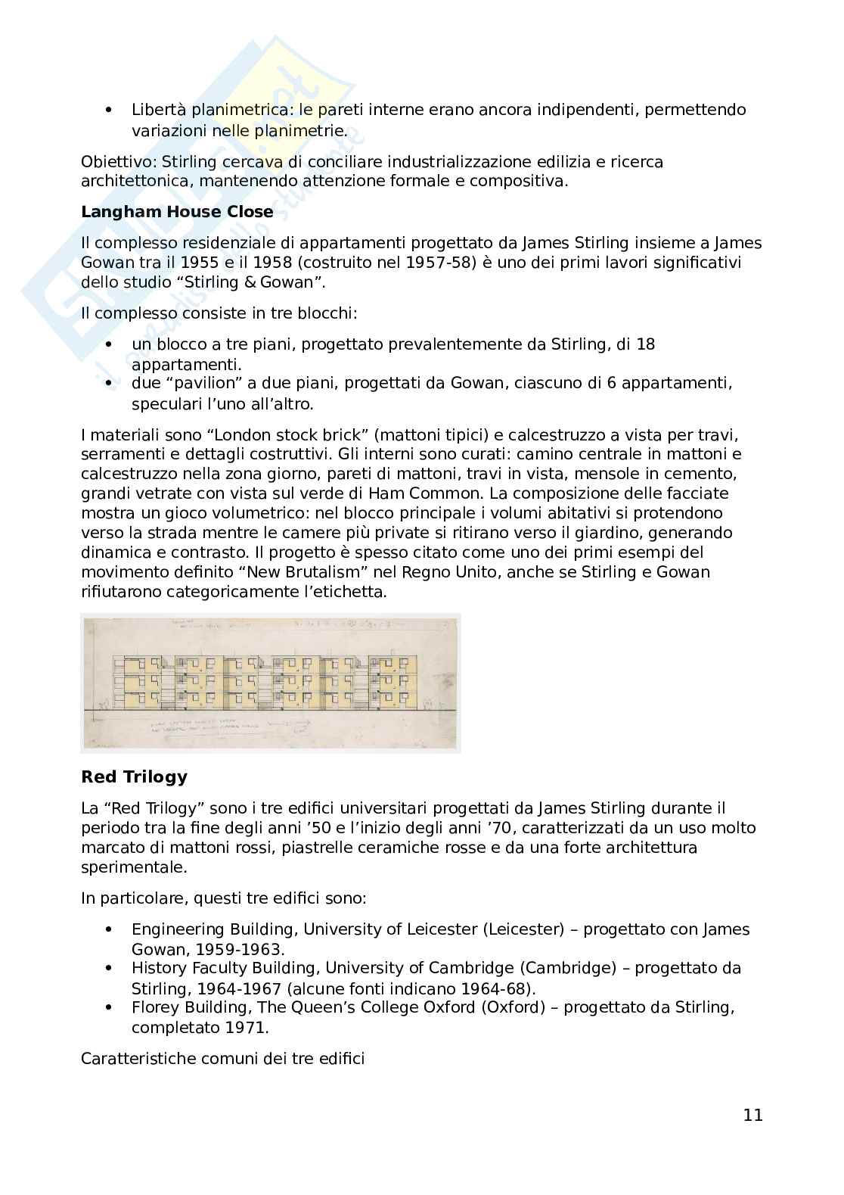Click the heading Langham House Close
tap(177, 212)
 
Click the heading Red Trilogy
tap(134, 776)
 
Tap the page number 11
tap(752, 1115)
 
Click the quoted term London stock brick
tap(291, 435)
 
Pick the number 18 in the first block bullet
tap(646, 344)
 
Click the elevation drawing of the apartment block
tap(271, 683)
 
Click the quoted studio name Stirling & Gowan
tap(247, 282)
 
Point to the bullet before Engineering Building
tap(110, 929)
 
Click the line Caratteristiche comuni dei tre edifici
tap(222, 1058)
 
